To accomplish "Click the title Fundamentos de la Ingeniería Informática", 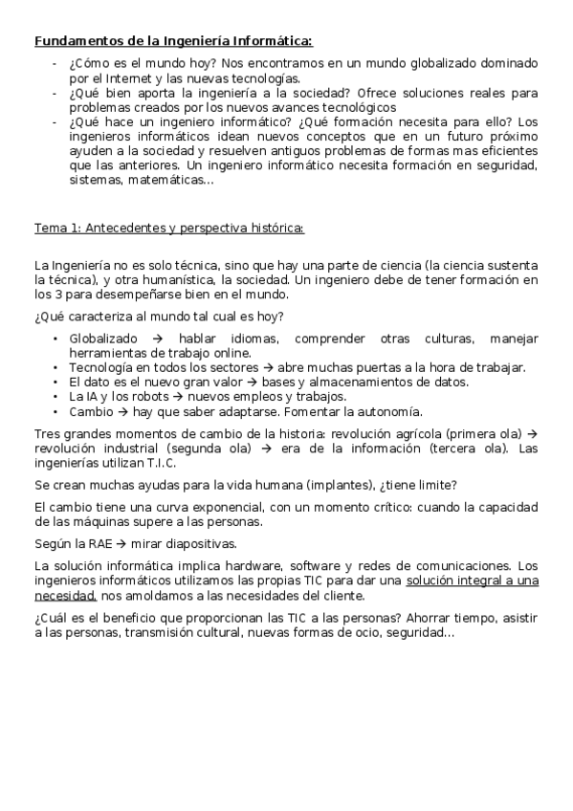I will coord(173,40).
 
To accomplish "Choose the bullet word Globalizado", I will coord(103,339).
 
